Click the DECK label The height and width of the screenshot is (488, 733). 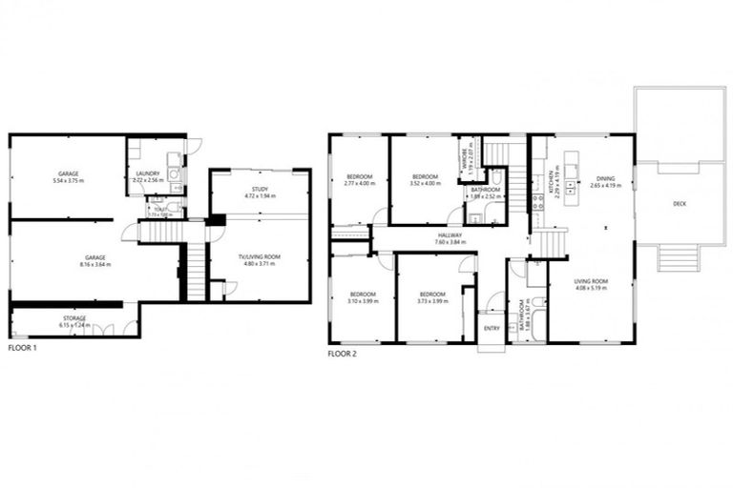tap(679, 204)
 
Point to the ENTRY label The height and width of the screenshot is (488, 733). tap(492, 328)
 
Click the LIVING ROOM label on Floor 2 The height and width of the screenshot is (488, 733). tap(592, 283)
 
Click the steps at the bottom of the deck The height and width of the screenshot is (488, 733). tap(677, 257)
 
